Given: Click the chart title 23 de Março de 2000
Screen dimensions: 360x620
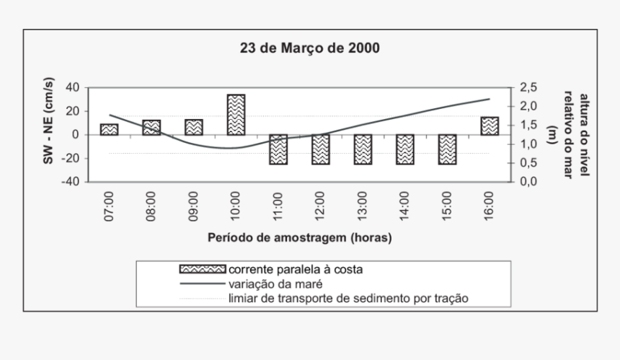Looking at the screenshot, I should coord(309,49).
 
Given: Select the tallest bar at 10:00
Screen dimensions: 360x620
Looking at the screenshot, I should coord(236,115).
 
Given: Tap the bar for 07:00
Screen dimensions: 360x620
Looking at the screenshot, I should coord(109,129).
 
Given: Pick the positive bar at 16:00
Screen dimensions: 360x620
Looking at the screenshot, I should coord(490,126).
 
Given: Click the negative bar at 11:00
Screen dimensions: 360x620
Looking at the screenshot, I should coord(278,149).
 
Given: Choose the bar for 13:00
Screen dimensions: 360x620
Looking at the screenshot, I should coord(363,149).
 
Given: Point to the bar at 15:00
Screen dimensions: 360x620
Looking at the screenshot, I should coord(447,149).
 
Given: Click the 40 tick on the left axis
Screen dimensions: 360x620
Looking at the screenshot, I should coord(72,87).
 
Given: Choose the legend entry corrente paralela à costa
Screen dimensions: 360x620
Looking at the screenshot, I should coord(295,269).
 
